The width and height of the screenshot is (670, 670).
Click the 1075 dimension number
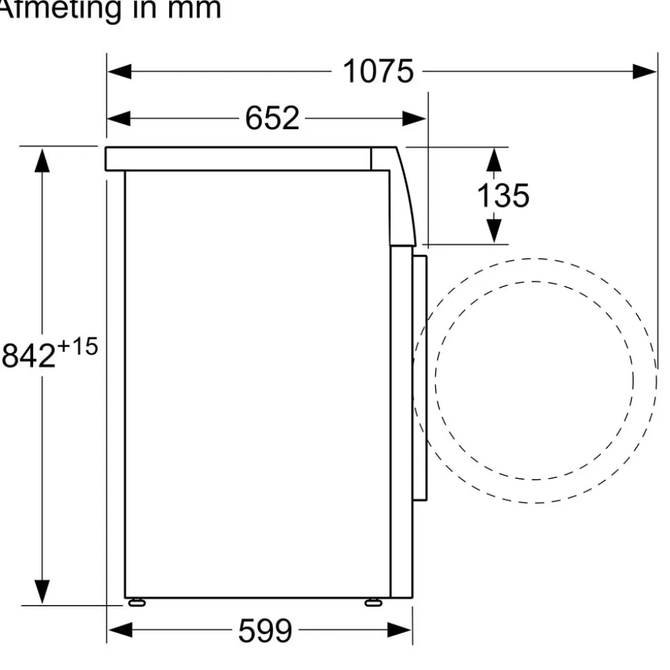click(x=379, y=71)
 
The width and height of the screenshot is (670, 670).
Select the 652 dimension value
click(x=272, y=118)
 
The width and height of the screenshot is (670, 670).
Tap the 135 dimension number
click(x=503, y=196)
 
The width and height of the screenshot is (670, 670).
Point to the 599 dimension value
click(x=265, y=630)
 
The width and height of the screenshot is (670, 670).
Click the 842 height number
click(x=29, y=355)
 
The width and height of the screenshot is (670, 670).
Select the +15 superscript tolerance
click(x=77, y=346)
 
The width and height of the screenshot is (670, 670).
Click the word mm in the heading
click(x=194, y=8)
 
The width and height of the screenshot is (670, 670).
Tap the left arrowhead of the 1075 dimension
click(x=119, y=71)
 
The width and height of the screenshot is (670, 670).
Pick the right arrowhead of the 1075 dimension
click(x=644, y=71)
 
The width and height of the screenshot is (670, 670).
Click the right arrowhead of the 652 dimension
click(x=414, y=119)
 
